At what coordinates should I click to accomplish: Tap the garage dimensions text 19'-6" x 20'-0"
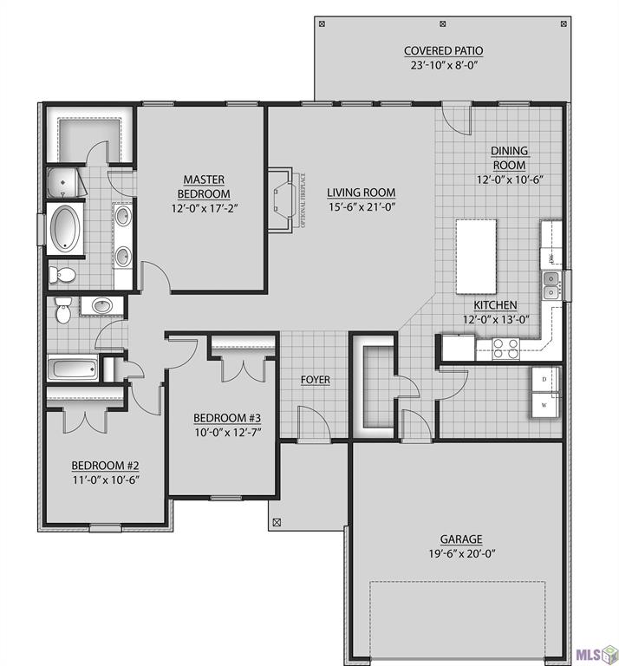pyautogui.click(x=460, y=554)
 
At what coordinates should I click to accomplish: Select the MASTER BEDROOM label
pyautogui.click(x=204, y=186)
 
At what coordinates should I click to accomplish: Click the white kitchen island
pyautogui.click(x=476, y=257)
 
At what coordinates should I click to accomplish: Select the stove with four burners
pyautogui.click(x=505, y=348)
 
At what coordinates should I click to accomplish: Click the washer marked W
pyautogui.click(x=544, y=405)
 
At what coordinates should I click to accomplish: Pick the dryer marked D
pyautogui.click(x=544, y=380)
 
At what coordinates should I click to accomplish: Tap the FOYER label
pyautogui.click(x=315, y=380)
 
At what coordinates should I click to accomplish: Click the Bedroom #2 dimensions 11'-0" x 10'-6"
pyautogui.click(x=106, y=478)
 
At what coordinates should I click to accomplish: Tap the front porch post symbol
pyautogui.click(x=277, y=522)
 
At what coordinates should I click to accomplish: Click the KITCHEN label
pyautogui.click(x=495, y=305)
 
